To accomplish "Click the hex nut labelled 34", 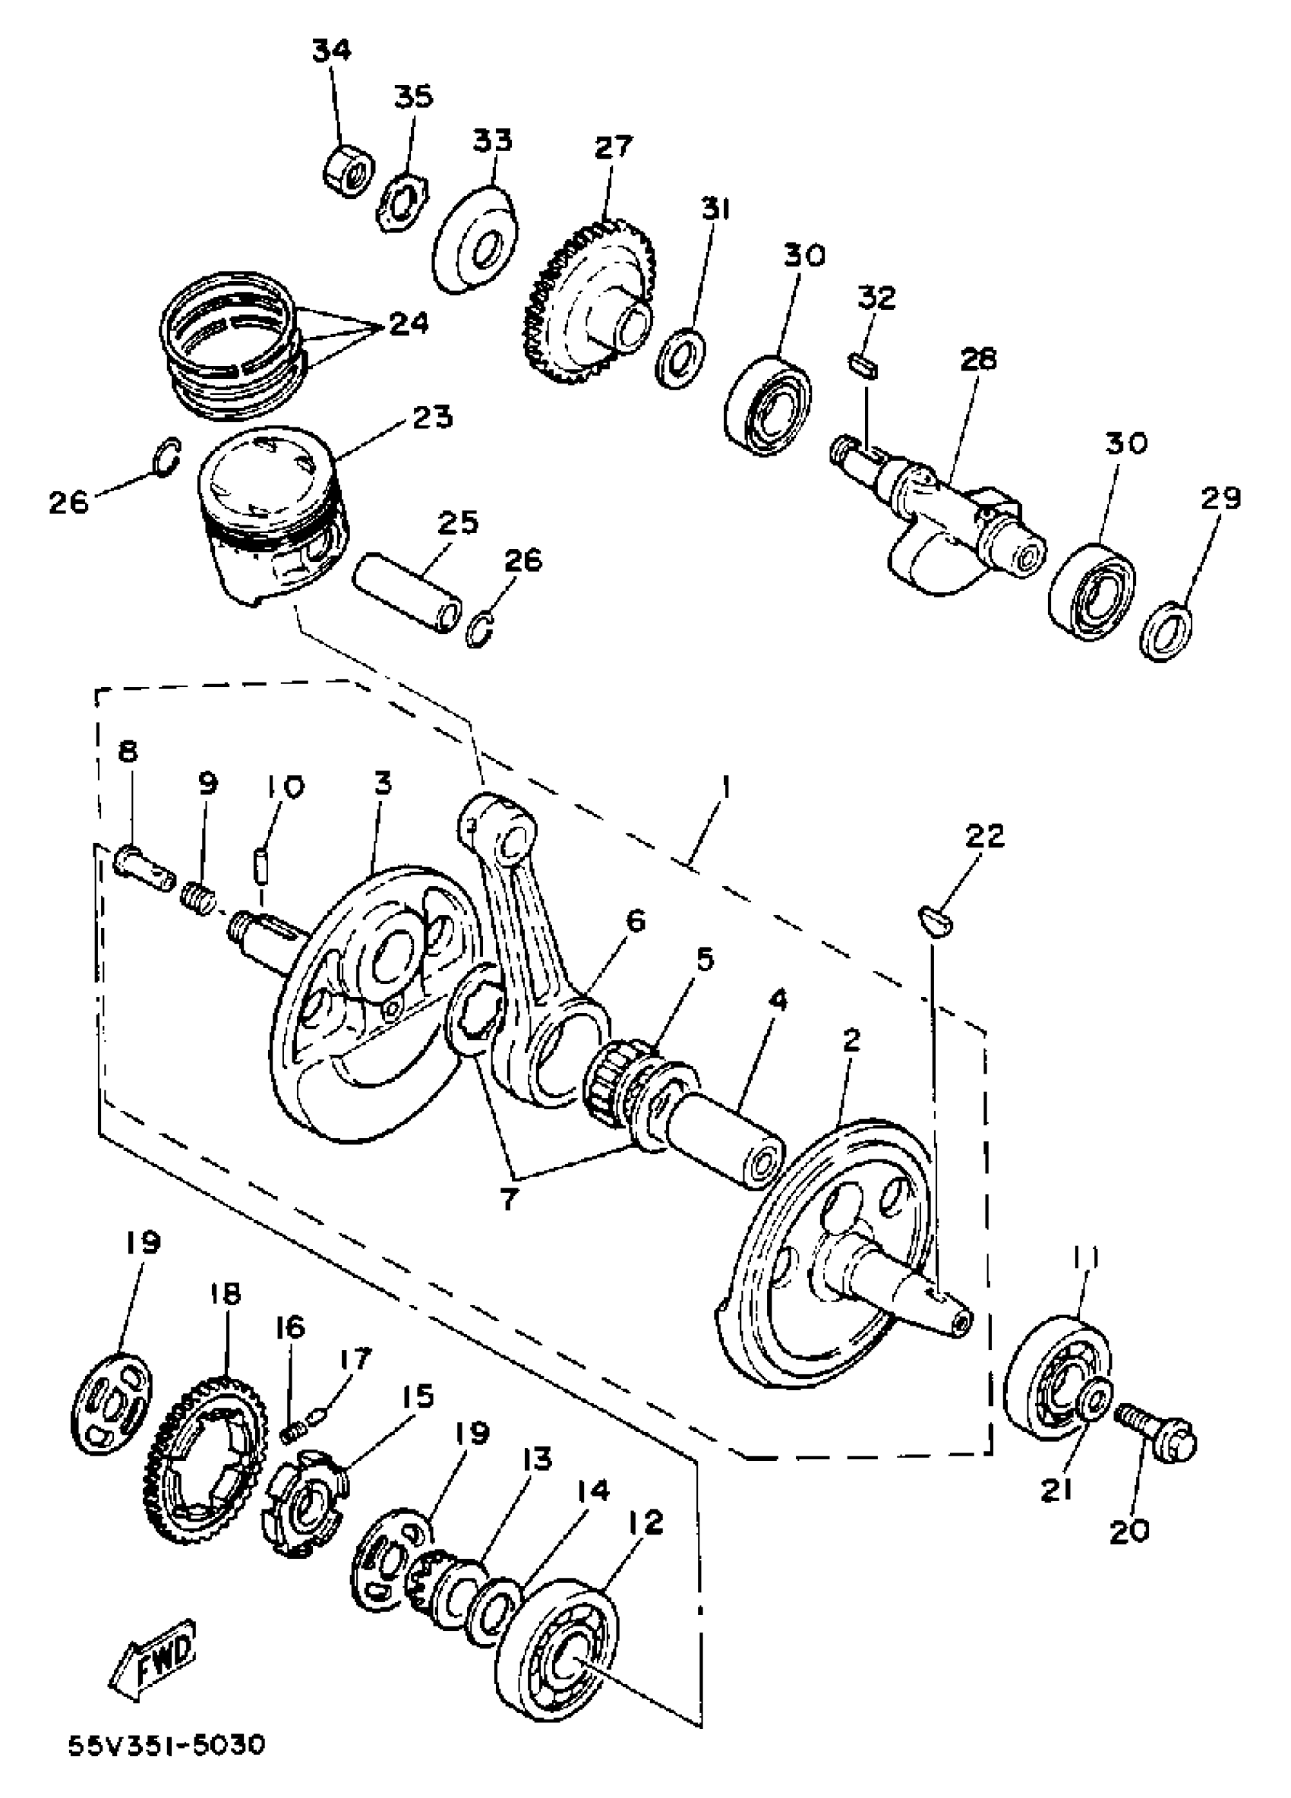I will pyautogui.click(x=348, y=169).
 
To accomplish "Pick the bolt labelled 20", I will pyautogui.click(x=1156, y=1432).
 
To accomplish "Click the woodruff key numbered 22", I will pyautogui.click(x=936, y=920).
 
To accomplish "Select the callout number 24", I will pyautogui.click(x=409, y=323).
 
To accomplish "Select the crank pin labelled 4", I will pyautogui.click(x=725, y=1137).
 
